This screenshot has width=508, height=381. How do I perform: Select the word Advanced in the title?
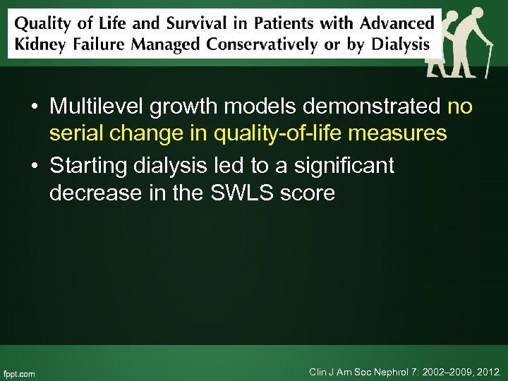pos(398,23)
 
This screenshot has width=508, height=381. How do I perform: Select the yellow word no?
pos(460,107)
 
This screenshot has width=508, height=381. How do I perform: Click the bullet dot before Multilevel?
pos(34,108)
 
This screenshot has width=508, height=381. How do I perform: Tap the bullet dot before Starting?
pos(34,167)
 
